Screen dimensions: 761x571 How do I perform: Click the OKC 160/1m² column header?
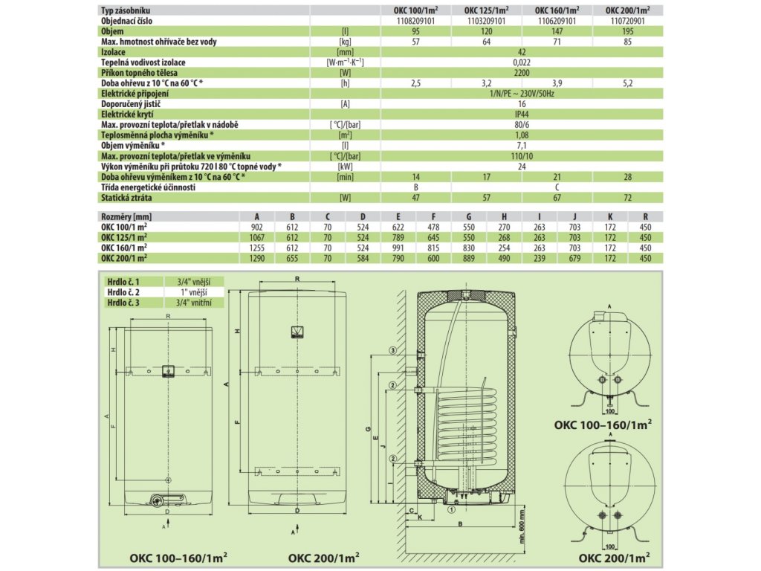pyautogui.click(x=557, y=10)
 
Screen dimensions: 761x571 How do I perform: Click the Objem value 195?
pyautogui.click(x=628, y=32)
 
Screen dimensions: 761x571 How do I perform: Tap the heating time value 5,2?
pyautogui.click(x=628, y=83)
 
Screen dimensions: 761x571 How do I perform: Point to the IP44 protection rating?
pyautogui.click(x=521, y=114)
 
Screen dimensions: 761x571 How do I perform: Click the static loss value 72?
pyautogui.click(x=628, y=197)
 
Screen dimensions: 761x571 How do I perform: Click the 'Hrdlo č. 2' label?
pyautogui.click(x=123, y=293)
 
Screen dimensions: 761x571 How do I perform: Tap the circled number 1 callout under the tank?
pyautogui.click(x=451, y=510)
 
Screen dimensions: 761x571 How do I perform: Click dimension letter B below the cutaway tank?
pyautogui.click(x=460, y=523)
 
